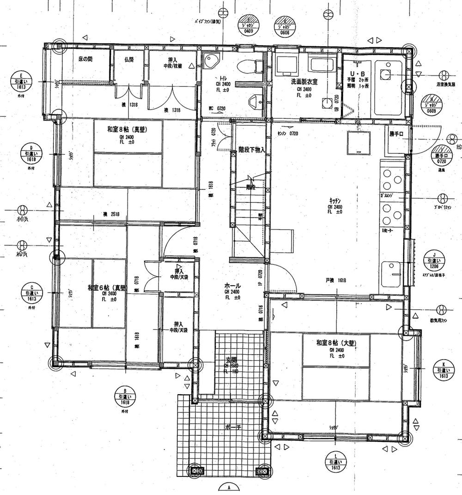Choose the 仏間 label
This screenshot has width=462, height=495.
[129, 60]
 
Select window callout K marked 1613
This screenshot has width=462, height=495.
[444, 370]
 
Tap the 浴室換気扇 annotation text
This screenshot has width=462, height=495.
[446, 85]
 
